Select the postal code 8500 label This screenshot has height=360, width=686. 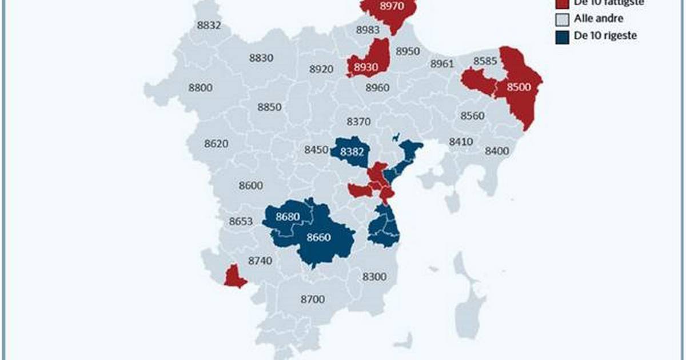[x=520, y=87]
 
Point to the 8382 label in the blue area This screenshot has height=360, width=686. [x=352, y=151]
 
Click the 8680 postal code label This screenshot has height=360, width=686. [x=287, y=217]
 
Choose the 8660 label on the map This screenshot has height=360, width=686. [x=319, y=238]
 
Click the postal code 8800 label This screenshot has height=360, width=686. [x=200, y=87]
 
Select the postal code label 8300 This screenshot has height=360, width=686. [x=374, y=277]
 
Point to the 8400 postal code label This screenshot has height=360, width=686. [x=496, y=151]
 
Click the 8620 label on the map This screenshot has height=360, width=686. [x=217, y=144]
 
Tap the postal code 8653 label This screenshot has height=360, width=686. [x=241, y=222]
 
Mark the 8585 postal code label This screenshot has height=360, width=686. [x=485, y=61]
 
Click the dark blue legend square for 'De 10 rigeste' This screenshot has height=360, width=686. [x=563, y=37]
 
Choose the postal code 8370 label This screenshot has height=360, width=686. [x=359, y=121]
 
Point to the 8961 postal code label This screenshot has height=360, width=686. [x=441, y=63]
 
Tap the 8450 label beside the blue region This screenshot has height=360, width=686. [x=316, y=150]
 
